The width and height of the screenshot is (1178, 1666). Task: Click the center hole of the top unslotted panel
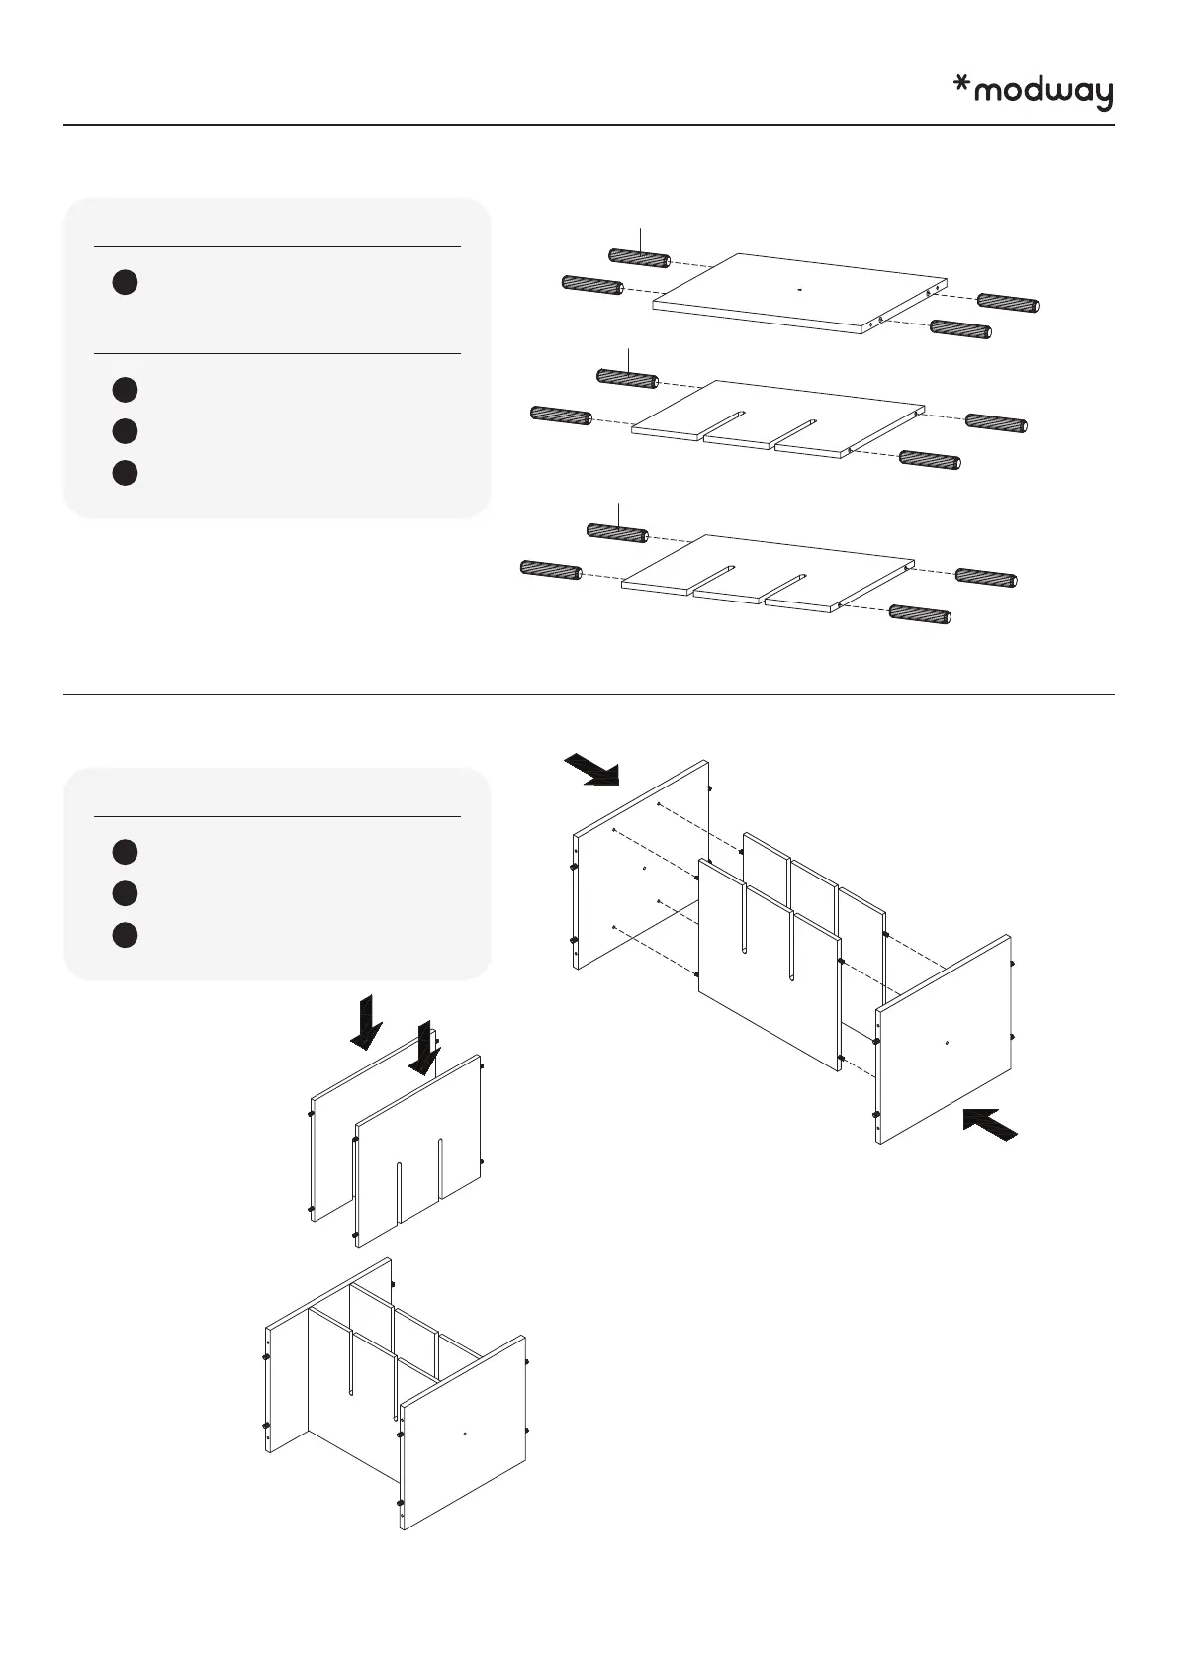pyautogui.click(x=799, y=290)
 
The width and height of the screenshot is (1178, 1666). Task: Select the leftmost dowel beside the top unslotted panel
pyautogui.click(x=591, y=285)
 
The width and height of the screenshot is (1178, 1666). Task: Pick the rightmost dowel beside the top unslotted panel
pyautogui.click(x=1008, y=304)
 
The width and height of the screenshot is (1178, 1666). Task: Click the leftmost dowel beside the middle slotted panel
pyautogui.click(x=561, y=415)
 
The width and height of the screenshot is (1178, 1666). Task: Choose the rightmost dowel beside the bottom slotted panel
pyautogui.click(x=985, y=577)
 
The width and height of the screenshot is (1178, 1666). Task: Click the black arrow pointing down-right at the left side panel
pyautogui.click(x=591, y=770)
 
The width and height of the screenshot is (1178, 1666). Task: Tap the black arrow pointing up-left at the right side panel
pyautogui.click(x=989, y=1124)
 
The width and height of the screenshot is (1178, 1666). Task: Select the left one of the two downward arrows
pyautogui.click(x=366, y=1022)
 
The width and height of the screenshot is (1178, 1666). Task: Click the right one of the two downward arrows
pyautogui.click(x=424, y=1049)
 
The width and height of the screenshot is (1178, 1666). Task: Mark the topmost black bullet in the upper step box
pyautogui.click(x=124, y=282)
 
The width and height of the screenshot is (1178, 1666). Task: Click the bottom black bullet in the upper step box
pyautogui.click(x=124, y=473)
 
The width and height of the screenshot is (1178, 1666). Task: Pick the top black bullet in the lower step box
pyautogui.click(x=124, y=852)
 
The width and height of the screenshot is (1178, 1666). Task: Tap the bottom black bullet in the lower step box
pyautogui.click(x=124, y=935)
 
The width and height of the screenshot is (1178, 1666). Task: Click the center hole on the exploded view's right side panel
pyautogui.click(x=947, y=1042)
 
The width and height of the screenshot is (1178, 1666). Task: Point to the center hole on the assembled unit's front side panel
pyautogui.click(x=464, y=1433)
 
